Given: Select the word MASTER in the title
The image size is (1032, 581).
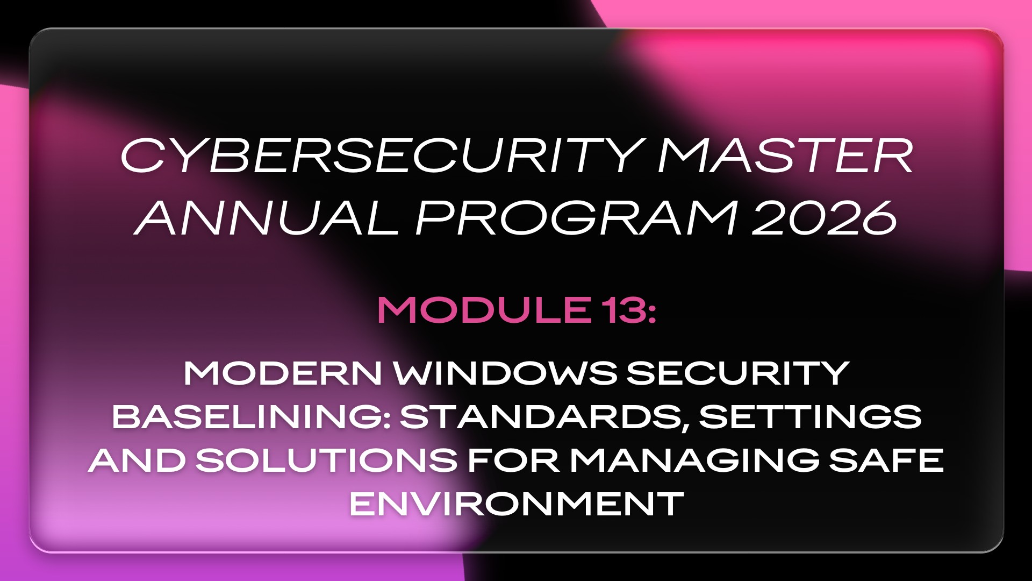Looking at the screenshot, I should (x=785, y=156).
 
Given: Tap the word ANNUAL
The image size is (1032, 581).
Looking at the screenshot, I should (x=267, y=218).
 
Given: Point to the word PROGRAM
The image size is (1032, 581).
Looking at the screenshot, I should (x=575, y=218).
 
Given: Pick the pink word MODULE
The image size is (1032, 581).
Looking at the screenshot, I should (x=483, y=310).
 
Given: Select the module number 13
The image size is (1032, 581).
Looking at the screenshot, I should (x=623, y=310).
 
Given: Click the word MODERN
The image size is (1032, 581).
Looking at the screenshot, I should (x=283, y=373).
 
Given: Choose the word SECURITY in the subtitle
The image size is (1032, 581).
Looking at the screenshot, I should (x=737, y=373).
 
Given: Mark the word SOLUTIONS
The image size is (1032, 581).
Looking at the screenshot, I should (x=326, y=460).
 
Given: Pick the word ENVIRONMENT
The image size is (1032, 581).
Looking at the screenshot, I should (x=517, y=504).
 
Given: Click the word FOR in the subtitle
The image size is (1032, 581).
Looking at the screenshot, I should (x=513, y=460).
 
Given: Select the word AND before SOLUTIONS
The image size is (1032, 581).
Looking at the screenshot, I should (x=137, y=460).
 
